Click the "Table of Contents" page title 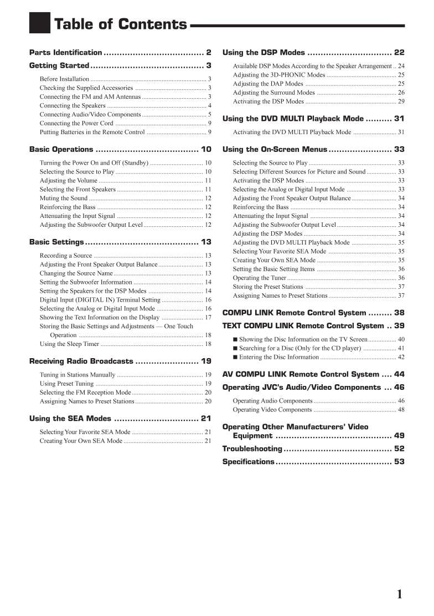[x=120, y=24]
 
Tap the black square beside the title [x=39, y=23]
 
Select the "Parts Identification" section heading [x=65, y=53]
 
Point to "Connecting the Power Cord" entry [x=76, y=123]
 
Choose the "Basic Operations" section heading [x=61, y=149]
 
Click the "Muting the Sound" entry [x=64, y=198]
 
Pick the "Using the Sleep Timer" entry [x=69, y=344]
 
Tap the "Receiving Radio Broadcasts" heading [x=81, y=361]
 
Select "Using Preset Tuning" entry [x=66, y=384]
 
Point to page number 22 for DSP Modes [x=399, y=53]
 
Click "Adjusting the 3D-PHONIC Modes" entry [x=279, y=75]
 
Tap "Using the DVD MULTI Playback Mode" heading [x=293, y=119]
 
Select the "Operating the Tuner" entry [x=260, y=278]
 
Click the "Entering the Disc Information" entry [x=279, y=357]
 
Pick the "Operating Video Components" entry [x=272, y=410]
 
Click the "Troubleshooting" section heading [x=252, y=449]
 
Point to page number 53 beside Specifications [x=399, y=462]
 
